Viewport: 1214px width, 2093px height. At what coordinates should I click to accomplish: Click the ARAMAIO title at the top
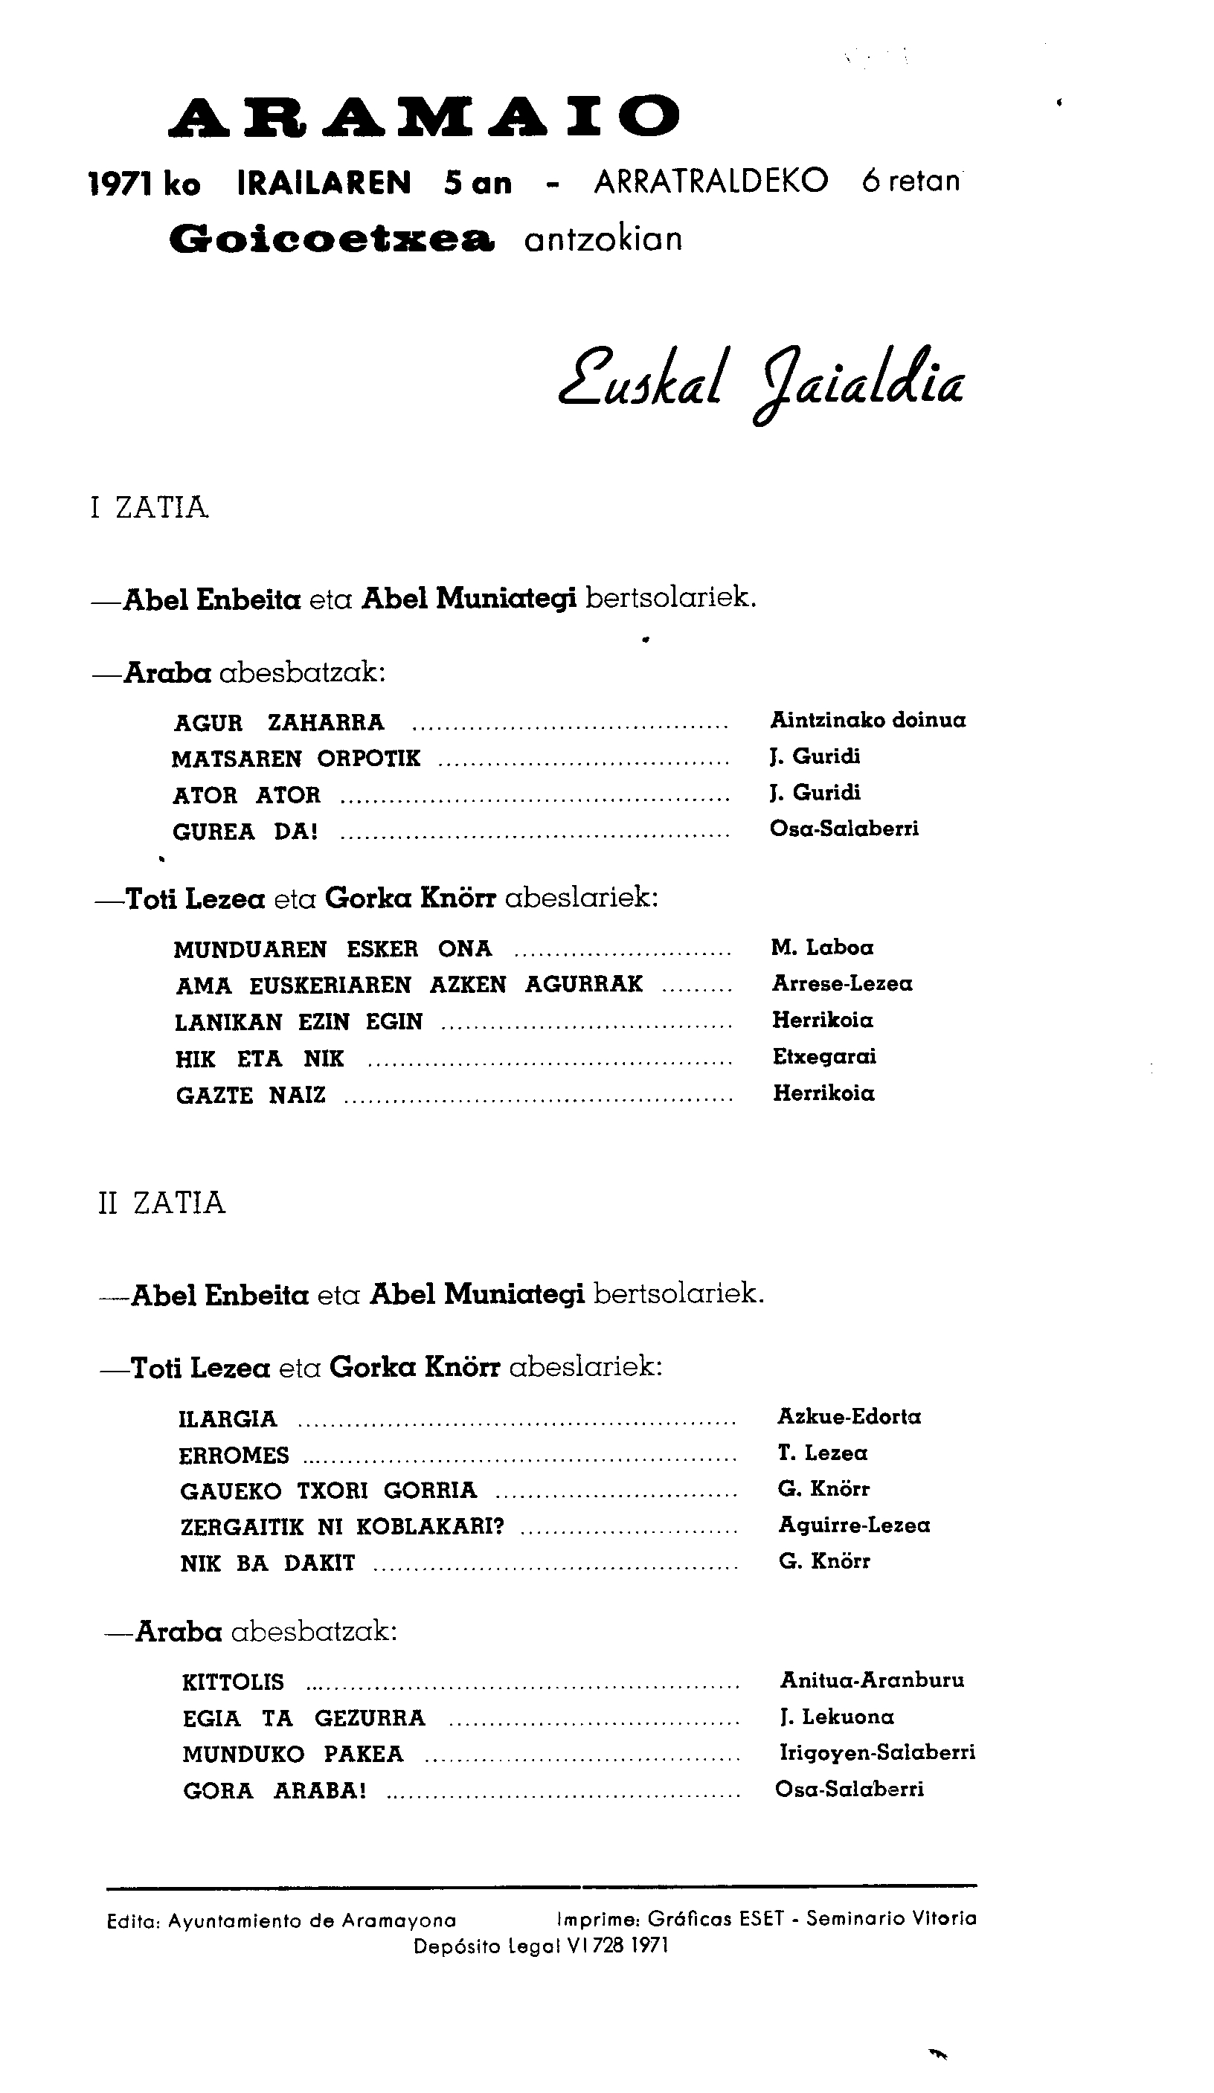[424, 116]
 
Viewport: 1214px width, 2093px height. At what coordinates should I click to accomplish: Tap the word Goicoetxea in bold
[332, 239]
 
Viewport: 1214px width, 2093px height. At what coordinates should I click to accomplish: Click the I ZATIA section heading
[150, 507]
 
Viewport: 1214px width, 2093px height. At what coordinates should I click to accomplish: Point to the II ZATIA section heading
[161, 1203]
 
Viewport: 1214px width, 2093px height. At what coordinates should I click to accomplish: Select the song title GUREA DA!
[245, 832]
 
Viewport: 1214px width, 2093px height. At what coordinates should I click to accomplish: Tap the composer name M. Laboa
[822, 948]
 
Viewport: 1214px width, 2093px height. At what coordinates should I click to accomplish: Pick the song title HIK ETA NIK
[260, 1059]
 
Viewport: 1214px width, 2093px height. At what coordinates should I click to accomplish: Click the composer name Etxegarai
[824, 1056]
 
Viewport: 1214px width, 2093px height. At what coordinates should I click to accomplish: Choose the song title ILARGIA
[228, 1418]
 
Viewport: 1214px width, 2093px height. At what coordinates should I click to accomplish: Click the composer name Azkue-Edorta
[850, 1416]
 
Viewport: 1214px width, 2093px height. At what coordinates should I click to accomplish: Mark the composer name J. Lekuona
[837, 1717]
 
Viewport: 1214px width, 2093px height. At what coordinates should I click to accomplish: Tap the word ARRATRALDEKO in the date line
[711, 181]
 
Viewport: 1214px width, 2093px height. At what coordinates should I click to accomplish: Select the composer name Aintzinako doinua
[868, 720]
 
